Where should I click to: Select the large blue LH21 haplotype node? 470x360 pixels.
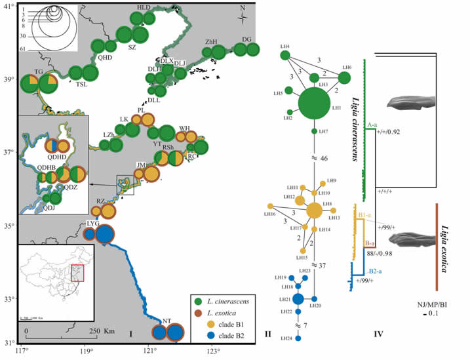coord(298,299)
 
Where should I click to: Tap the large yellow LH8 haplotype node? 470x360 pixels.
coord(314,210)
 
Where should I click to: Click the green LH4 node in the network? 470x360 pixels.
coord(286,55)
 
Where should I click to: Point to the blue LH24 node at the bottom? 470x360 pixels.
coord(298,338)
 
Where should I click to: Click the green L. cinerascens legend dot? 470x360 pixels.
coord(197,301)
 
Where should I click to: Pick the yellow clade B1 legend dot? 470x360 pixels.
coord(197,323)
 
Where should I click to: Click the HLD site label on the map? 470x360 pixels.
coord(143,7)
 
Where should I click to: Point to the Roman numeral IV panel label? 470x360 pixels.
coord(378,335)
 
